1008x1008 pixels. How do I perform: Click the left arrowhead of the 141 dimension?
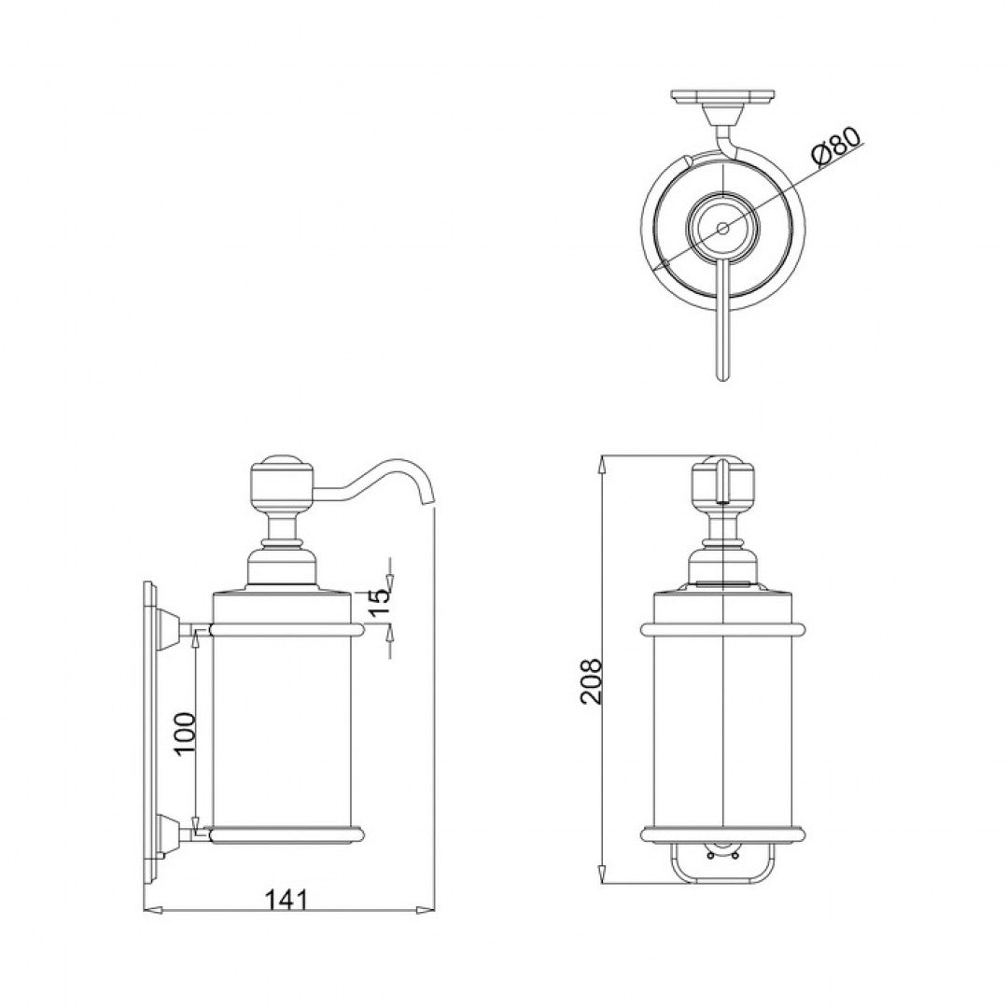(x=150, y=909)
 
